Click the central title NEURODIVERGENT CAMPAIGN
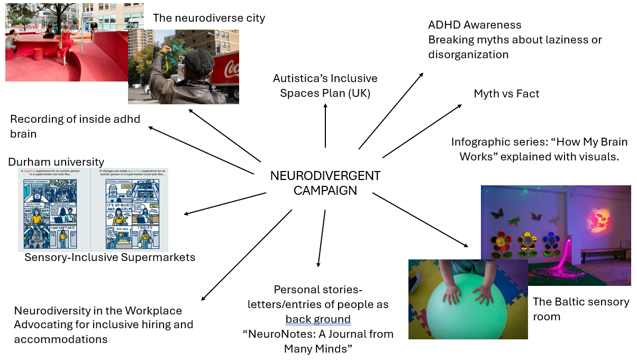[325, 183]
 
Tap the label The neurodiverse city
[209, 18]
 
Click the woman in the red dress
[67, 44]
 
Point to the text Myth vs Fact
[506, 94]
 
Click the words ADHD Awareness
[475, 25]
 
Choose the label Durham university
[56, 161]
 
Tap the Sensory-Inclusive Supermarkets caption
[110, 257]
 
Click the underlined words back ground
[318, 319]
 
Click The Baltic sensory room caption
[580, 309]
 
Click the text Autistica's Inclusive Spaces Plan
[325, 85]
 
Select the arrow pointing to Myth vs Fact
[422, 130]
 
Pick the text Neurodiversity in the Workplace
[98, 311]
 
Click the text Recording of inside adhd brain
[75, 126]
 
